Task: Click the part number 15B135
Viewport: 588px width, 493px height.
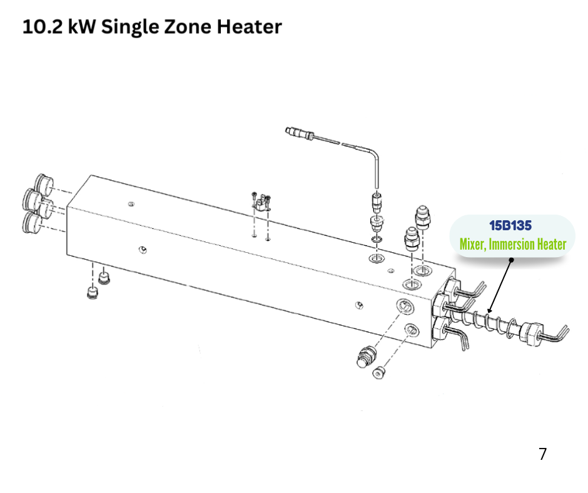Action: pyautogui.click(x=510, y=225)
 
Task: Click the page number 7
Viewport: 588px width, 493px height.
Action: pyautogui.click(x=542, y=454)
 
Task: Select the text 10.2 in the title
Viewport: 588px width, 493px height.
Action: pyautogui.click(x=43, y=27)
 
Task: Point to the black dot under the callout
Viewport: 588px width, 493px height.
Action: pyautogui.click(x=511, y=260)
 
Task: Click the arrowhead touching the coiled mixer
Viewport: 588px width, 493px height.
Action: pyautogui.click(x=490, y=310)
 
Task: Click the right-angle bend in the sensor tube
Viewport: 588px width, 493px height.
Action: pyautogui.click(x=374, y=152)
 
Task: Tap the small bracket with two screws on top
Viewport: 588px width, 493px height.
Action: pyautogui.click(x=261, y=202)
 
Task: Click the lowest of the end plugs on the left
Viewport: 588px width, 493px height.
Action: pyautogui.click(x=32, y=222)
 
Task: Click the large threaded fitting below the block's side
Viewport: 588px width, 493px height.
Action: pyautogui.click(x=366, y=357)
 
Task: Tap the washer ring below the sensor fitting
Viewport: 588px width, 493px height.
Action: pyautogui.click(x=377, y=239)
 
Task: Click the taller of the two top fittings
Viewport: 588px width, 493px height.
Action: pyautogui.click(x=423, y=217)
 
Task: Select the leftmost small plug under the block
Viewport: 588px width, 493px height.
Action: pyautogui.click(x=92, y=293)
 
